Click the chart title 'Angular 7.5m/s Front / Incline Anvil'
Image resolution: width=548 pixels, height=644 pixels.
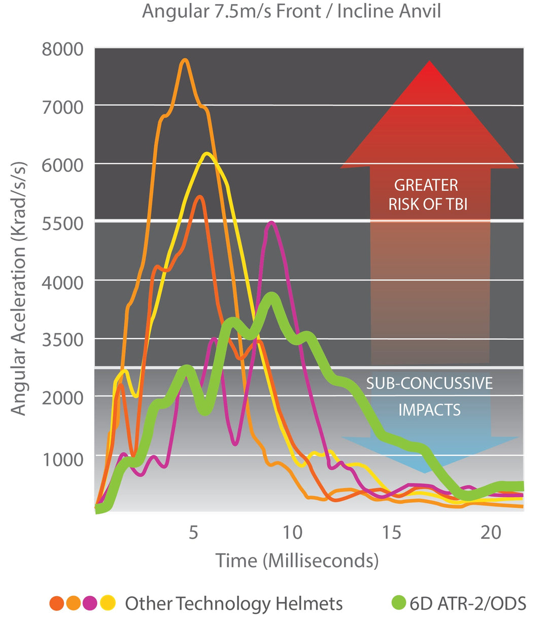tap(291, 11)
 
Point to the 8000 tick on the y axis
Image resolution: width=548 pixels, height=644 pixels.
tap(62, 50)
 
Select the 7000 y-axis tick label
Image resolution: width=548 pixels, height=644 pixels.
tap(62, 108)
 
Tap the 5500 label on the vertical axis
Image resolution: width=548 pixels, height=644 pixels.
tap(62, 224)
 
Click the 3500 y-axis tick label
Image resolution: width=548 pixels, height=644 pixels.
tap(62, 340)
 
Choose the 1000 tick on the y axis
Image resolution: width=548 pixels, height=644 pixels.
tap(62, 459)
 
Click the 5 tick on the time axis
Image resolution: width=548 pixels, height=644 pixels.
tap(193, 532)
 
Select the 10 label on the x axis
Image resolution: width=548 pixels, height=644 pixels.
tap(292, 532)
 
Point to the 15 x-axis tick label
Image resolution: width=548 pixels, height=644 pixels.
tap(391, 532)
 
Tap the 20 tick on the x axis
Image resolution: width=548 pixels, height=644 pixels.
tap(490, 532)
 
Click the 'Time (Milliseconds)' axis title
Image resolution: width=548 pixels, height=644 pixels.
tap(297, 561)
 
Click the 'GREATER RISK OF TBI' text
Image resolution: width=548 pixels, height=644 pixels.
tap(427, 194)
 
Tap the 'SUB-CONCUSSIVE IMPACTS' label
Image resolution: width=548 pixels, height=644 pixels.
tap(429, 396)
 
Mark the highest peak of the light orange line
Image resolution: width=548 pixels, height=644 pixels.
tap(185, 60)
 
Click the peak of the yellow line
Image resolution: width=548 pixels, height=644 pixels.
tap(207, 154)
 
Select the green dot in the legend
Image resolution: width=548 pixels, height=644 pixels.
tap(399, 603)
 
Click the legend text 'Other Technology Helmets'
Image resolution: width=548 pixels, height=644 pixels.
tap(234, 603)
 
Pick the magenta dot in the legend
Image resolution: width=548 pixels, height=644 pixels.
tap(90, 603)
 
